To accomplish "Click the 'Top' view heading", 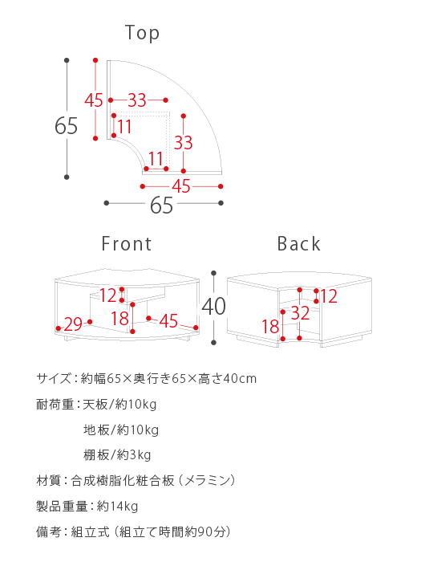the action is point(142,33).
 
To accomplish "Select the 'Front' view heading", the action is point(127,244).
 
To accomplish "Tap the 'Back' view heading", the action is point(298,244).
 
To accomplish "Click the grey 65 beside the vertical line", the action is point(67,126).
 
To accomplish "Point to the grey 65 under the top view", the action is point(161,205).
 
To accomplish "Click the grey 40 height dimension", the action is point(214,307).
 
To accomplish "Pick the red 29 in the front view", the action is point(73,324).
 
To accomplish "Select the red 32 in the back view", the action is point(300,313).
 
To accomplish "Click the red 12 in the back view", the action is point(329,296).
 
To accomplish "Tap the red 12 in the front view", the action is point(107,295).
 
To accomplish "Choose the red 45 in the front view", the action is point(168,321).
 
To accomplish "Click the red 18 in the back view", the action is point(270,327).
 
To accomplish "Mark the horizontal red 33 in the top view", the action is point(137,100).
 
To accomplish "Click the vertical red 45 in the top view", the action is point(94,100).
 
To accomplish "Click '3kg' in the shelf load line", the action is point(140,455).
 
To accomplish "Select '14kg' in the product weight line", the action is point(123,507).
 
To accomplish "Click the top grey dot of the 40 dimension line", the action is point(214,273).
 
